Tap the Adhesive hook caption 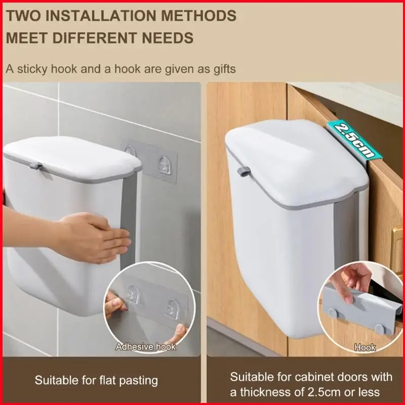[145, 347]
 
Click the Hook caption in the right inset [364, 348]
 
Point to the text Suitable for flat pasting [96, 380]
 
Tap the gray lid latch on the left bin [36, 166]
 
